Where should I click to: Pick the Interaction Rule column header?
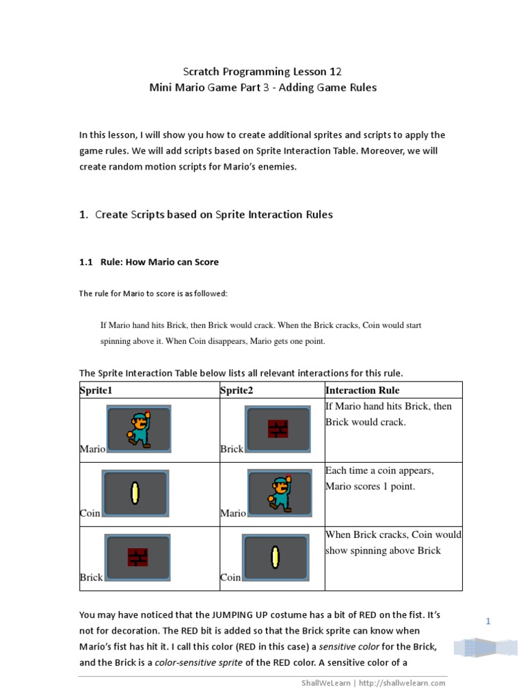click(x=362, y=390)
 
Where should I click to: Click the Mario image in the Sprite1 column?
click(x=139, y=429)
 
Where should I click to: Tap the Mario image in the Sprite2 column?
click(x=279, y=494)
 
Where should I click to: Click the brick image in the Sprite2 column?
click(x=278, y=429)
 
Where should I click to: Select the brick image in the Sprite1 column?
click(x=137, y=557)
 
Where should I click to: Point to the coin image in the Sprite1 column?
click(x=135, y=493)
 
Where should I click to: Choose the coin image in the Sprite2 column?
click(x=275, y=557)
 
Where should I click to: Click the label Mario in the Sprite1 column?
click(x=92, y=449)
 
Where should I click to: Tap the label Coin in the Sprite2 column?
click(x=230, y=578)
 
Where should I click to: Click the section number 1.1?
click(x=86, y=262)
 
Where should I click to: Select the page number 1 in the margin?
click(x=489, y=621)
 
